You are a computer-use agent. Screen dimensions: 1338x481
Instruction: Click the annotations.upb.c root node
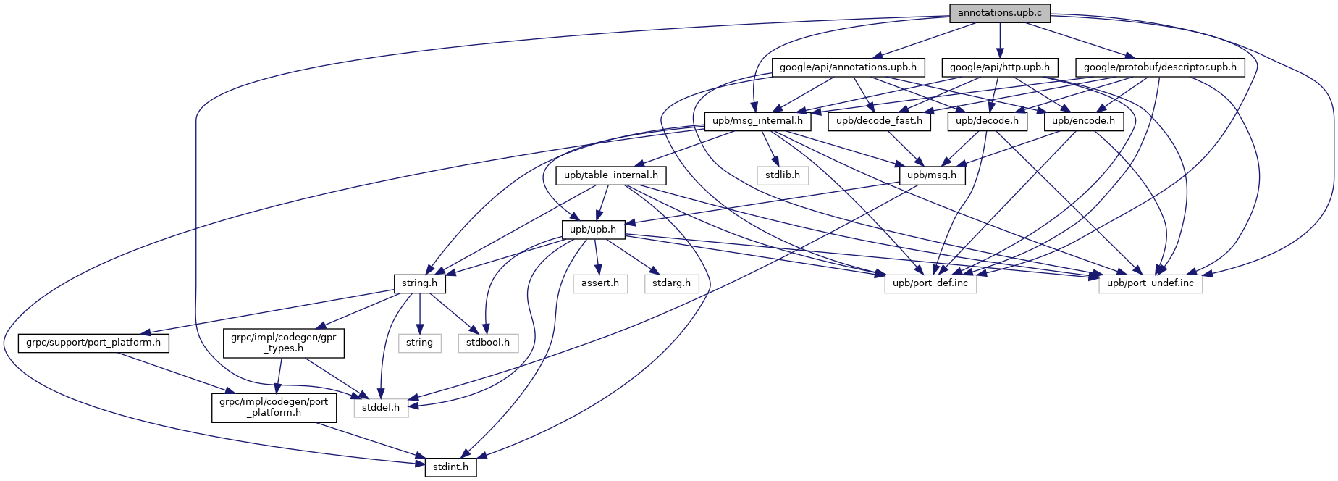coord(999,13)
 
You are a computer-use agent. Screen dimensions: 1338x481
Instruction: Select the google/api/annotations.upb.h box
coord(848,67)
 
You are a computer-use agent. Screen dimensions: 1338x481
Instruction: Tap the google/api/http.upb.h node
coord(999,67)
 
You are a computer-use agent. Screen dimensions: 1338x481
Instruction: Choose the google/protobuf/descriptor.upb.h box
coord(1160,67)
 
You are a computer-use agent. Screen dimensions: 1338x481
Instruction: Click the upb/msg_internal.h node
coord(757,121)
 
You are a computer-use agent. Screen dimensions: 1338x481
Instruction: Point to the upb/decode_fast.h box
coord(879,121)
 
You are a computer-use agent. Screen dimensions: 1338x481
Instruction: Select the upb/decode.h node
coord(987,121)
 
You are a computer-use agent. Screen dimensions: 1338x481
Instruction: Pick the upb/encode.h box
coord(1083,121)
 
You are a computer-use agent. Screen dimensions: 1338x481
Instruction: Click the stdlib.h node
coord(782,175)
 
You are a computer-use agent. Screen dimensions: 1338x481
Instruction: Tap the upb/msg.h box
coord(932,175)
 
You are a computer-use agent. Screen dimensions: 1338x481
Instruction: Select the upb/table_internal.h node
coord(611,175)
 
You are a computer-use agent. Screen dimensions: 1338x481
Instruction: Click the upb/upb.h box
coord(593,230)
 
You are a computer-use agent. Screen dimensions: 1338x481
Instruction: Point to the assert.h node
coord(600,283)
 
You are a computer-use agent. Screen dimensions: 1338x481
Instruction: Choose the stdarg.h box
coord(671,283)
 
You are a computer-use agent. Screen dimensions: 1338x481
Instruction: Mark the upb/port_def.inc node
coord(930,283)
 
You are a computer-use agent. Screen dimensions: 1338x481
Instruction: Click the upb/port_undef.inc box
coord(1150,283)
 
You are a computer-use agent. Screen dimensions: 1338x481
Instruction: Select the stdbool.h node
coord(488,343)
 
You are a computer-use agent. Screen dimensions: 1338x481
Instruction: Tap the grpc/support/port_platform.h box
coord(93,343)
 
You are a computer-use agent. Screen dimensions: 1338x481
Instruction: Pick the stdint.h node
coord(450,467)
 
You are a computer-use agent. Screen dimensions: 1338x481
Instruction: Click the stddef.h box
coord(381,408)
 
